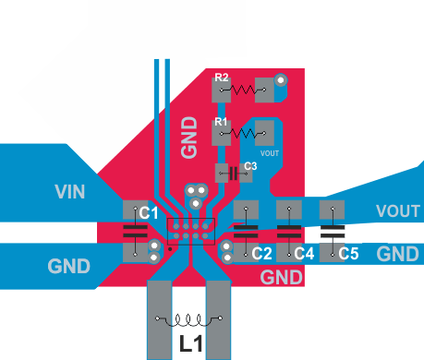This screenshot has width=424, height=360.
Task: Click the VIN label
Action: coord(69,192)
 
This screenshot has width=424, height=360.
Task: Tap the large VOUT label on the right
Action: coord(399,211)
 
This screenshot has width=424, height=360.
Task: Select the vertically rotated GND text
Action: coord(188,136)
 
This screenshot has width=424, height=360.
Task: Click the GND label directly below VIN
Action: coord(69,267)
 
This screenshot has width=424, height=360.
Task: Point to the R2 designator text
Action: coord(221,78)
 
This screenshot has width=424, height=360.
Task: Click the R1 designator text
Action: coord(221,122)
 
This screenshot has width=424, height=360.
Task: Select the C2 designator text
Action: coord(262,253)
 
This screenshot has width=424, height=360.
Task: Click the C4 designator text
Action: coord(305,253)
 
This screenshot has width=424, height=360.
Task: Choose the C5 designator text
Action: coord(348,253)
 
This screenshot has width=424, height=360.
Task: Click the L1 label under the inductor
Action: coord(190,346)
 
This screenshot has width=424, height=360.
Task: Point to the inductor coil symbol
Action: coord(190,320)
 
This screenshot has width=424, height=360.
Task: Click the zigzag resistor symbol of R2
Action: coord(245,90)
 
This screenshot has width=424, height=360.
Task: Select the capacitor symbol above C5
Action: coord(333,224)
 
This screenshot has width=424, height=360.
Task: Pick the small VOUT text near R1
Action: coord(270,153)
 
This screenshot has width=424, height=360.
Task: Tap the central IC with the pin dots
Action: coord(188,229)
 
